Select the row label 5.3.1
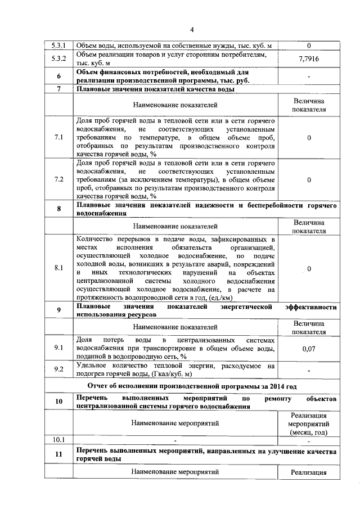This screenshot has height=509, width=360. [x=58, y=45]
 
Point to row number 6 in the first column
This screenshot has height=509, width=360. [x=58, y=76]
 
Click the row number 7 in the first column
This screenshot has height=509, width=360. [x=58, y=89]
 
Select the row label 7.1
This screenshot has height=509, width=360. [x=58, y=137]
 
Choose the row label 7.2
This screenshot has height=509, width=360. [x=58, y=180]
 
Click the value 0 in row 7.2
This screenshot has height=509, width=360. [x=309, y=180]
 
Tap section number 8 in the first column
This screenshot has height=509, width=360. [x=58, y=210]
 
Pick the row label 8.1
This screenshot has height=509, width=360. [x=58, y=268]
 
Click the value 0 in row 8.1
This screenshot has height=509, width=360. [x=309, y=268]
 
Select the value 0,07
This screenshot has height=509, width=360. [x=309, y=349]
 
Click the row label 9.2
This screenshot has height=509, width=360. [x=58, y=370]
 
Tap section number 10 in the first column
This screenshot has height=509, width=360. [x=58, y=402]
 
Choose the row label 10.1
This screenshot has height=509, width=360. [x=58, y=439]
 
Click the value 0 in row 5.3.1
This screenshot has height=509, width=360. [x=309, y=45]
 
